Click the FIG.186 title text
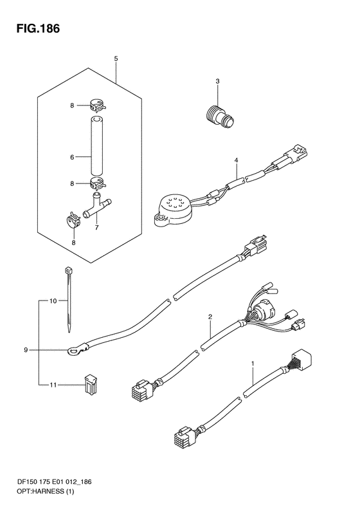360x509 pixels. (x=39, y=28)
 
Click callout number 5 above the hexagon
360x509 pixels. (x=116, y=59)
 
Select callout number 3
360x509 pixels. (x=218, y=81)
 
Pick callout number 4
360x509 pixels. (x=237, y=160)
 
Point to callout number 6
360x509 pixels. (x=72, y=158)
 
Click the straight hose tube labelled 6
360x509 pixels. (x=96, y=147)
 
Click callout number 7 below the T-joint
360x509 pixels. (x=96, y=228)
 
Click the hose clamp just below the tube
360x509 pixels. (x=97, y=184)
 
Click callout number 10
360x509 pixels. (x=53, y=301)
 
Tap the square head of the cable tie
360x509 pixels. (x=68, y=270)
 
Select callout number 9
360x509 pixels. (x=26, y=350)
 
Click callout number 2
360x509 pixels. (x=210, y=317)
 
